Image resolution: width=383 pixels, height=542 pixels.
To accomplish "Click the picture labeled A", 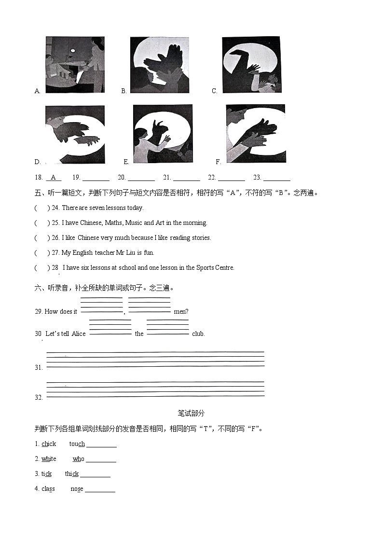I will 75,65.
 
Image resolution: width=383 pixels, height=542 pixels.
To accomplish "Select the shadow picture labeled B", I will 159,65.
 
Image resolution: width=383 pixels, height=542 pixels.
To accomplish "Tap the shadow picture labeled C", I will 251,64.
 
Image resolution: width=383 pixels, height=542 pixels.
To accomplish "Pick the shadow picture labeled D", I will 75,135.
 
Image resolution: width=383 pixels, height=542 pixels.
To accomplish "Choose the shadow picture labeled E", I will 163,135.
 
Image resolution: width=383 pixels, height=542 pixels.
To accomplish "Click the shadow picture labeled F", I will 255,134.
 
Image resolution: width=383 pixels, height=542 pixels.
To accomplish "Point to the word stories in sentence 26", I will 200,238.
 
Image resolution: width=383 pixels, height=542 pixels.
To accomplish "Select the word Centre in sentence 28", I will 224,268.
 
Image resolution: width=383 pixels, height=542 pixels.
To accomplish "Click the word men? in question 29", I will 181,312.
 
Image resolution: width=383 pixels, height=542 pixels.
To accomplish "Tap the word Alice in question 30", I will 79,334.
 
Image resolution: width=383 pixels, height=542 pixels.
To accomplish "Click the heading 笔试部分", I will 191,413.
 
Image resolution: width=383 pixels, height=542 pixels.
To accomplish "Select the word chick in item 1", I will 49,444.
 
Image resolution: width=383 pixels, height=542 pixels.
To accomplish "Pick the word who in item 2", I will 78,459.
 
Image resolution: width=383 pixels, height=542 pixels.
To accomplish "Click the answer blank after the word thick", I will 95,474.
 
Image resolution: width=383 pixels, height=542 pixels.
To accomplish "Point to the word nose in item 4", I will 77,489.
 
